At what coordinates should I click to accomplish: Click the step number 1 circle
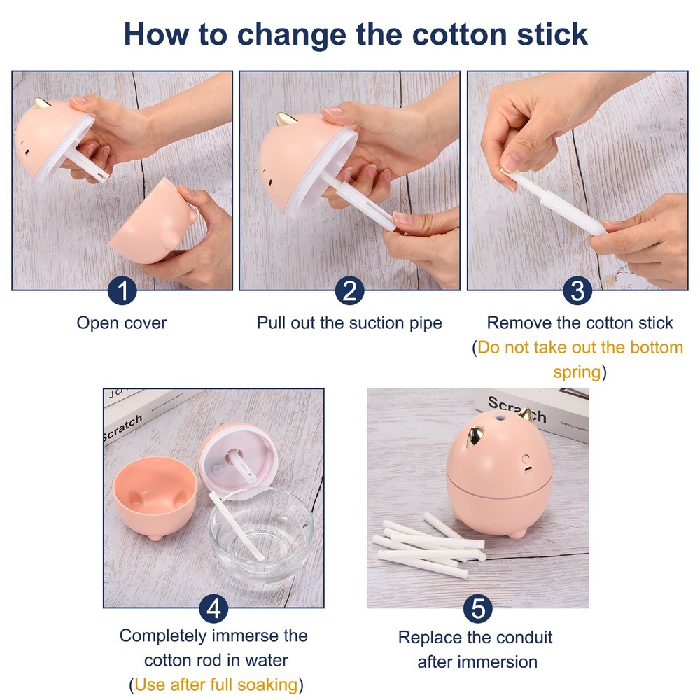[122, 290]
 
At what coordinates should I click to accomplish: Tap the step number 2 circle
[349, 290]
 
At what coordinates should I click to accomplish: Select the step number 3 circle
[577, 290]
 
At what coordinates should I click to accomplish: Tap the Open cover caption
[122, 323]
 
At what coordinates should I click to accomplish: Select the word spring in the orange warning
[576, 372]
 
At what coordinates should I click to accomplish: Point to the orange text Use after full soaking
[216, 683]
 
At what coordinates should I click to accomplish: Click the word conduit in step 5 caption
[524, 638]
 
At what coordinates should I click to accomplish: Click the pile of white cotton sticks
[428, 546]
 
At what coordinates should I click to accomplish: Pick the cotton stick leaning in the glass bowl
[237, 525]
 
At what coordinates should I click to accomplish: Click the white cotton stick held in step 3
[556, 203]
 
